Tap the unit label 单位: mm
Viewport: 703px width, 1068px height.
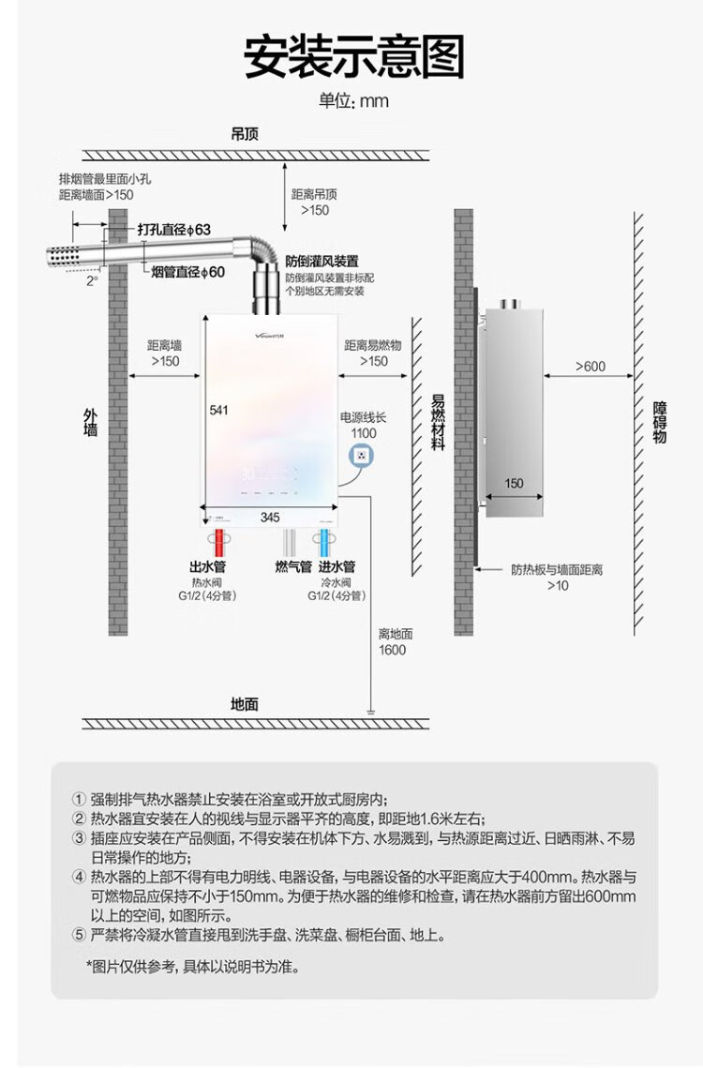coord(352,101)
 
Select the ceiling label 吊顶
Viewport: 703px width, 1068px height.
coord(245,133)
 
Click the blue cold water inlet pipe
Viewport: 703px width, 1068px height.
coord(325,543)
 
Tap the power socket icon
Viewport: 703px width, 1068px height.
coord(362,456)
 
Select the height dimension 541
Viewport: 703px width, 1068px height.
coord(218,410)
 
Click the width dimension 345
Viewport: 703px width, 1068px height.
coord(270,517)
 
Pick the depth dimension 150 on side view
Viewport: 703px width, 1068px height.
coord(514,484)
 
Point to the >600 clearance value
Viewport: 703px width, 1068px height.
coord(591,367)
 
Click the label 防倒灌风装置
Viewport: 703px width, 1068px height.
coord(322,261)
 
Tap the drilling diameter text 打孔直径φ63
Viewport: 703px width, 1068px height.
coord(174,230)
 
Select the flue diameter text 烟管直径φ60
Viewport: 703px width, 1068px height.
coord(188,272)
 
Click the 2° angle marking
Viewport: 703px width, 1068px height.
coord(92,279)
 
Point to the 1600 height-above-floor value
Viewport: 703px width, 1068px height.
coord(393,650)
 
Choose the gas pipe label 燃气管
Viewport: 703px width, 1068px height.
coord(293,566)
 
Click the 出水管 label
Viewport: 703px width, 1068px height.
coord(207,566)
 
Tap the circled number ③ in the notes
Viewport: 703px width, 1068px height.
coord(79,838)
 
